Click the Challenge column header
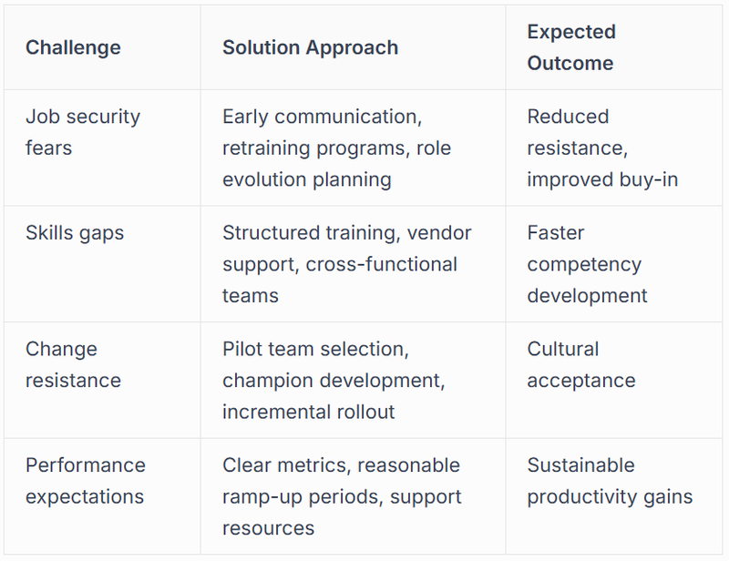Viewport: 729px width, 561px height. (73, 47)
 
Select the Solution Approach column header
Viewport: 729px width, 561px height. (310, 47)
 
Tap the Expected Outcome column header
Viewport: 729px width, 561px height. (571, 47)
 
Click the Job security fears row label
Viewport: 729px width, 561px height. (82, 132)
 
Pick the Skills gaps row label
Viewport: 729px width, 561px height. (75, 233)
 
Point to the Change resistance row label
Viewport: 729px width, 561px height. (73, 364)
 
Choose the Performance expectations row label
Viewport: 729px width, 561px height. (85, 481)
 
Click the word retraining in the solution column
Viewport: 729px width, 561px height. (267, 148)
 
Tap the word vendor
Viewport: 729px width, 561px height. (439, 233)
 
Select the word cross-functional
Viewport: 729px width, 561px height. (382, 264)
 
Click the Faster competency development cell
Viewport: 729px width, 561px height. (586, 264)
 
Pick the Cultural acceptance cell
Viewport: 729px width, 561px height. (580, 364)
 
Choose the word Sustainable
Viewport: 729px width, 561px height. (580, 465)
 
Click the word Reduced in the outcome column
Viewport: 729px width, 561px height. (568, 117)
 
